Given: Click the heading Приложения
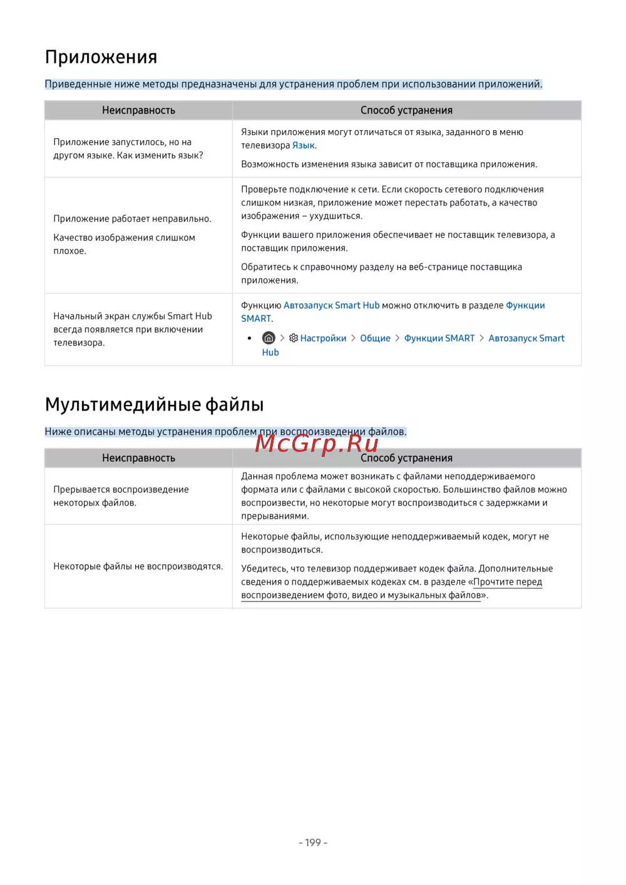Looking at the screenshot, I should point(101,57).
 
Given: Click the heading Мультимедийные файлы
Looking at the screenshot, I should point(154,404).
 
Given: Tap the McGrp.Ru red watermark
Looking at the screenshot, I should point(317,443).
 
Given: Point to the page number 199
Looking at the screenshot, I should point(313,842).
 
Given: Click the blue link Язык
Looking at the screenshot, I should point(303,145).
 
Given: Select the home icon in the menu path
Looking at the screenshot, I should point(269,338).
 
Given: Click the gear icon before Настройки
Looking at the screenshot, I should point(293,338).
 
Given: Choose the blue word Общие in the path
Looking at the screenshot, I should point(375,338).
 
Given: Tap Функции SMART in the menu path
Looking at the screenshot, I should point(439,338).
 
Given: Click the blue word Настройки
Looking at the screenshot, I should point(323,338).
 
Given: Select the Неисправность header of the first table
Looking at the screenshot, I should point(138,110).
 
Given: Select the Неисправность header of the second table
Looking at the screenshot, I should point(138,458).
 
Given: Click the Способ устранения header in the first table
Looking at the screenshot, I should point(406,110).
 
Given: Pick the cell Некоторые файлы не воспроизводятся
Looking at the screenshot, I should point(138,566).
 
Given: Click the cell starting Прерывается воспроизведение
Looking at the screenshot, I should point(121,496).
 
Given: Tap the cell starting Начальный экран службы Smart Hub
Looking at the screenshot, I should point(132,329).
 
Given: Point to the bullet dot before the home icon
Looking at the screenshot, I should point(250,338).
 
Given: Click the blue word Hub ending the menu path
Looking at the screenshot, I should point(270,352).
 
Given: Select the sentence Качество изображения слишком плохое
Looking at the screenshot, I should point(124,244).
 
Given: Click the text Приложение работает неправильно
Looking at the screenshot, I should point(132,218).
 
